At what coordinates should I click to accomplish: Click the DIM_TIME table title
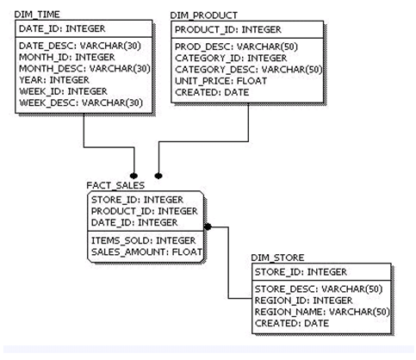pos(37,15)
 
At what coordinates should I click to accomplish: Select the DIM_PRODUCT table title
pos(204,16)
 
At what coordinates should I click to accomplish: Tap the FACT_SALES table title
pos(115,185)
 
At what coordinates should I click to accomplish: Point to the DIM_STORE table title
pos(277,258)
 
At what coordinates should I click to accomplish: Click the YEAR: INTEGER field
pos(54,80)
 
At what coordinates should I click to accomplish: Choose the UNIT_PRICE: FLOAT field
pos(221,81)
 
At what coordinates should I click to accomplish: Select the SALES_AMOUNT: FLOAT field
pos(146,252)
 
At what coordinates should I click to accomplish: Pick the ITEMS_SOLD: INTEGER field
pos(143,240)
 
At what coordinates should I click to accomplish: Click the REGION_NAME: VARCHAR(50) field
pos(322,312)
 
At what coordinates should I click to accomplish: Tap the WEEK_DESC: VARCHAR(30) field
pos(81,102)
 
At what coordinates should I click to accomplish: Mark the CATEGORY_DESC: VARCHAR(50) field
pos(249,70)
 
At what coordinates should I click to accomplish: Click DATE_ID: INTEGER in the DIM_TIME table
pos(62,28)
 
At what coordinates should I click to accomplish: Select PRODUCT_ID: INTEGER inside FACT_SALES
pos(145,211)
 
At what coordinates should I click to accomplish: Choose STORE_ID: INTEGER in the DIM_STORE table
pos(301,272)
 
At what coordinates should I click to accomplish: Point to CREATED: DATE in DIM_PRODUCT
pos(212,92)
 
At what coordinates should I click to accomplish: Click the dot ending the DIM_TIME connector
pos(133,176)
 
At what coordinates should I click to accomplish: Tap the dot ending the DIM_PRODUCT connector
pos(158,176)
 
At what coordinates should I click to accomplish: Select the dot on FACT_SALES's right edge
pos(208,227)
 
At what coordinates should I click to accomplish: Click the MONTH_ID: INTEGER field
pos(67,57)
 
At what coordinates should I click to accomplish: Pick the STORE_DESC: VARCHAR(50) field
pos(319,289)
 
